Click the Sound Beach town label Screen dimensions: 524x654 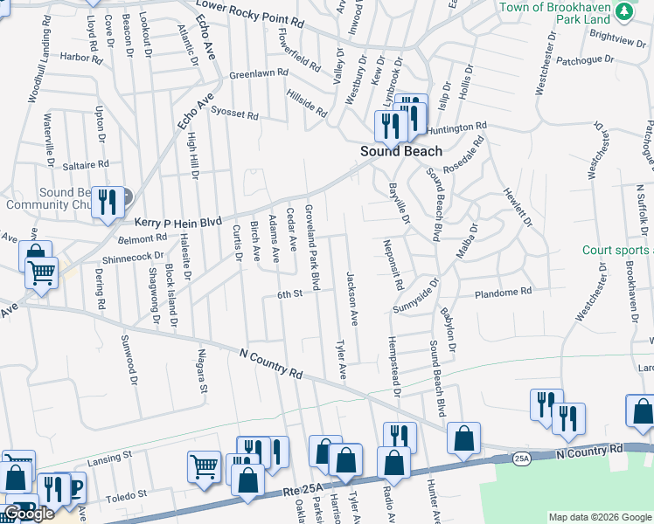[x=402, y=151]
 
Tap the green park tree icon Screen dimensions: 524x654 [x=623, y=10]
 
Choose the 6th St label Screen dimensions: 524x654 [x=289, y=294]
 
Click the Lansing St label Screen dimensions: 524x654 [x=109, y=456]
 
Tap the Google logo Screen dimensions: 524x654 [x=29, y=514]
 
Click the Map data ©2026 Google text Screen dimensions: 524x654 [x=599, y=517]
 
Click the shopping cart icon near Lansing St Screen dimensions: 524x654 [x=205, y=465]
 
